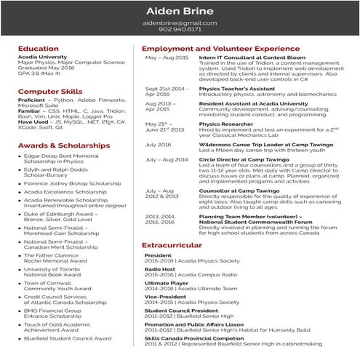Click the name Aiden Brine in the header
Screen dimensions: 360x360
click(x=179, y=10)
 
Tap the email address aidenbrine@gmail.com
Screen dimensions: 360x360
click(x=179, y=23)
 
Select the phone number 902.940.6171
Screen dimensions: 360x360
click(x=179, y=31)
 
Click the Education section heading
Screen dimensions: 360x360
click(x=39, y=49)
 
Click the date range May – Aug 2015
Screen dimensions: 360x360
click(x=167, y=57)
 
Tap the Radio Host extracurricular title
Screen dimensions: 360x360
click(x=161, y=268)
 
